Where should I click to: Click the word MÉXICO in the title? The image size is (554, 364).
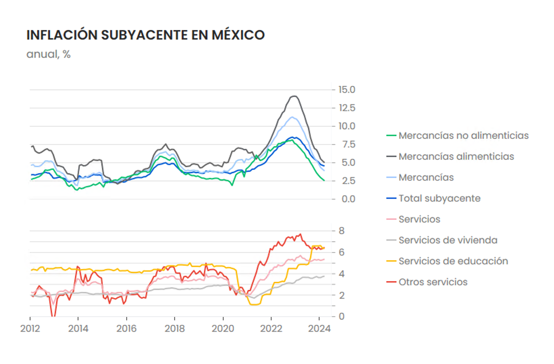coord(238,35)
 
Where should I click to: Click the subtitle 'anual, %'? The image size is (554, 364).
coord(48,54)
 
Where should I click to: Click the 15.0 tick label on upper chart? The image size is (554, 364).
coord(347,90)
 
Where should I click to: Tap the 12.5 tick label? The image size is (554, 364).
coord(347,108)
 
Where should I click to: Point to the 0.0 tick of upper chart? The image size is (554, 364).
coord(348,199)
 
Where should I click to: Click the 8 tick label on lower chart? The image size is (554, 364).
coord(342,231)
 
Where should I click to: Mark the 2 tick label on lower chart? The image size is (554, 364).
coord(342,295)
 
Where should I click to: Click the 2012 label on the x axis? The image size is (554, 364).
coord(30,329)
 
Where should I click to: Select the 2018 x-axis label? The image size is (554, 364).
coord(175,329)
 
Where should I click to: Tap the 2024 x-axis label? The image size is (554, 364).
coord(319,329)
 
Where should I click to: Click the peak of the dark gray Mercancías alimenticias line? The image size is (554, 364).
coord(294,96)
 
